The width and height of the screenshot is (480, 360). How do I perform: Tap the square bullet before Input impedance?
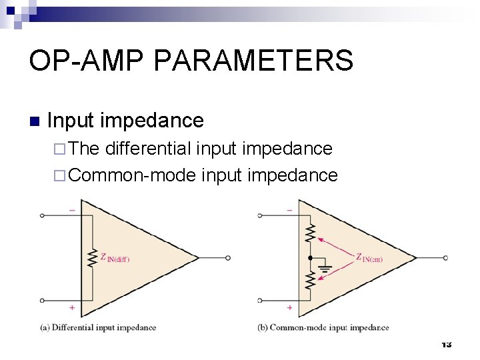[x=35, y=121]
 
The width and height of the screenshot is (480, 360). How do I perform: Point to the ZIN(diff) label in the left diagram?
[x=115, y=257]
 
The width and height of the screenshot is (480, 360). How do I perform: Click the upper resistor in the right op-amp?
[x=310, y=233]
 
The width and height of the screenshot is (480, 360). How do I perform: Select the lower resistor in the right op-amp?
[x=310, y=280]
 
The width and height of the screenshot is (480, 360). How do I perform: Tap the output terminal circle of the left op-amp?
[x=228, y=258]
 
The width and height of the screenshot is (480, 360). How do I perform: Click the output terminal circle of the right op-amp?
[x=445, y=258]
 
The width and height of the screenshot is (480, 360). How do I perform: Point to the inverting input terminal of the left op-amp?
[x=43, y=215]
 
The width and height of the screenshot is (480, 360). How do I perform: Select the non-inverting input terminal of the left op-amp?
[x=43, y=301]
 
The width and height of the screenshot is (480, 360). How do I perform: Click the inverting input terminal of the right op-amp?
[x=261, y=215]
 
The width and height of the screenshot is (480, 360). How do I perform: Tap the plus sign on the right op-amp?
[x=289, y=308]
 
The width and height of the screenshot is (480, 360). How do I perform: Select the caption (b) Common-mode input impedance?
[x=323, y=327]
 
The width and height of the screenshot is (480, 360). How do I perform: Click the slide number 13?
[x=446, y=344]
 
